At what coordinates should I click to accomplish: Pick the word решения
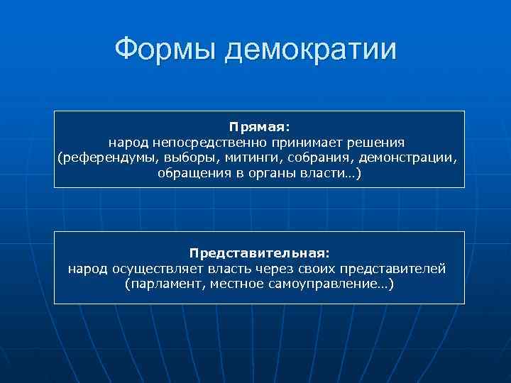[375, 143]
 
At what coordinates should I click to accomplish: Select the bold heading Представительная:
[259, 253]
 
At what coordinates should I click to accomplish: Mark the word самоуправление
[321, 284]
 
